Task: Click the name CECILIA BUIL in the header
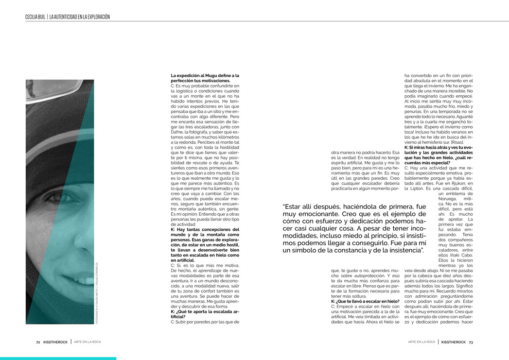35,17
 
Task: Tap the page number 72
38,342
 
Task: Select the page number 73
471,342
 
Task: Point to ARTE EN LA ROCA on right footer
421,342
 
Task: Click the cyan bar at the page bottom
58,359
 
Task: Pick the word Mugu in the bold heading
210,75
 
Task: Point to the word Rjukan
443,183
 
